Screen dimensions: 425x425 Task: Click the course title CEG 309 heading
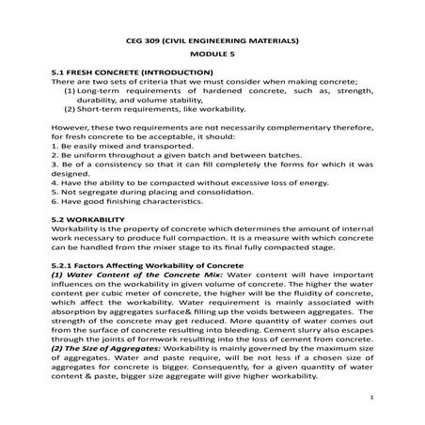(212, 42)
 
